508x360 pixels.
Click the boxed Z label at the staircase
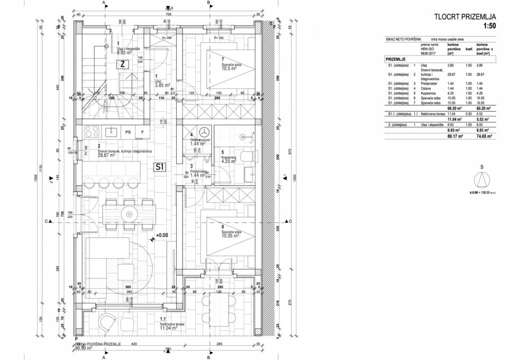(122, 64)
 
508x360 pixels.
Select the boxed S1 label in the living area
(159, 167)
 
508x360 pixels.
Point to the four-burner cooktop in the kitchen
(90, 131)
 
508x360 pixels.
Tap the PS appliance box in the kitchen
(128, 132)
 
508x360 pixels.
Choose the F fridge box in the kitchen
(142, 132)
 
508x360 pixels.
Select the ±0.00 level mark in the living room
(161, 235)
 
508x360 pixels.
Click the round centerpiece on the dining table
(129, 214)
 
